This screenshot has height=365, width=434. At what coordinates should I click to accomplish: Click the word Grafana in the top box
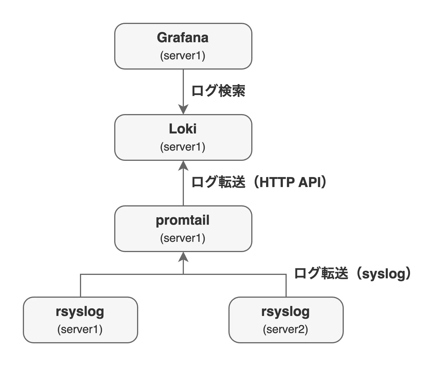(183, 38)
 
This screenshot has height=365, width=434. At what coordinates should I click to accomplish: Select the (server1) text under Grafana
(183, 56)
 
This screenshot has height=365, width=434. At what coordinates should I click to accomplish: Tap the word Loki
(183, 129)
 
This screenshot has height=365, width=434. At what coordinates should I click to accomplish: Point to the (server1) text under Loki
(183, 147)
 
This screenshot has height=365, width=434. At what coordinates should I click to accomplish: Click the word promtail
(183, 220)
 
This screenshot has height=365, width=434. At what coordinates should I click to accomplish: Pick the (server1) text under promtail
(183, 238)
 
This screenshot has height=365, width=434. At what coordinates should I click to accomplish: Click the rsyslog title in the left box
(80, 312)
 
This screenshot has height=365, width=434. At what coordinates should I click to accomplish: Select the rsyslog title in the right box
(286, 312)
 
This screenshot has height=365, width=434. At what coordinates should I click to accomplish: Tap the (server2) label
(286, 330)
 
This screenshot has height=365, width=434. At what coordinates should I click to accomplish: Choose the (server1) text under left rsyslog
(80, 330)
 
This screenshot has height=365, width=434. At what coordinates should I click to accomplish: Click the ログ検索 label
(218, 91)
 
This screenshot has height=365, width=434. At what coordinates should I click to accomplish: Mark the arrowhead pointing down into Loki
(183, 109)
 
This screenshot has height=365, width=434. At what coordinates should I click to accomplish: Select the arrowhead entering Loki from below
(183, 165)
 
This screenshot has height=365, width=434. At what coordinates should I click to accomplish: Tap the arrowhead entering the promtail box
(183, 257)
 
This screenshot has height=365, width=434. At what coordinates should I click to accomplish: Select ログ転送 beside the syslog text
(321, 274)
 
